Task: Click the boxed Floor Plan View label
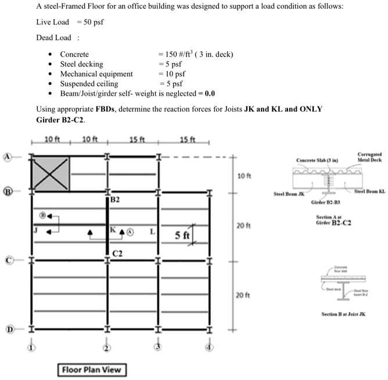coord(92,370)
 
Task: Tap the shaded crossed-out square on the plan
coord(51,173)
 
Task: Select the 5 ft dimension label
coord(183,235)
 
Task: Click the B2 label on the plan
coord(115,200)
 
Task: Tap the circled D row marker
coord(9,330)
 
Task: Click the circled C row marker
coord(9,260)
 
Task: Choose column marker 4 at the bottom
coord(210,348)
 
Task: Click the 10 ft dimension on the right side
coord(243,175)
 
